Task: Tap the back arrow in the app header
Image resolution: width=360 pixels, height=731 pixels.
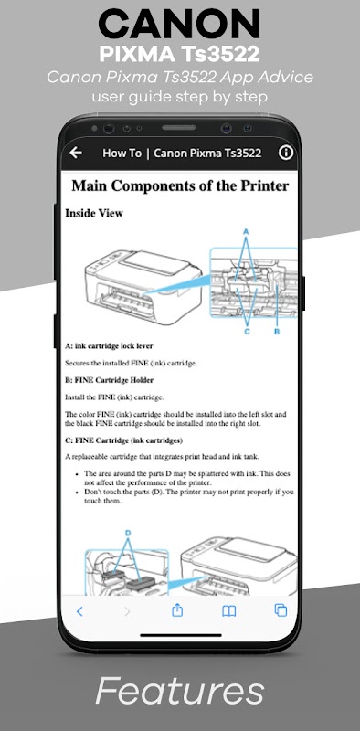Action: pyautogui.click(x=76, y=153)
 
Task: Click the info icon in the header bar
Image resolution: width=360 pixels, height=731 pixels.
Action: pyautogui.click(x=285, y=153)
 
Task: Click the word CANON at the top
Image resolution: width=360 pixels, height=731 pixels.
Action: pyautogui.click(x=179, y=25)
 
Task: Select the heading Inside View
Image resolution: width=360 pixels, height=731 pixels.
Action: pyautogui.click(x=94, y=213)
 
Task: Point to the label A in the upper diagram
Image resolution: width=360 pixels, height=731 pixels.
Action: pyautogui.click(x=246, y=231)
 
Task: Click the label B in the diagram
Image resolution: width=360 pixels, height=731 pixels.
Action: pyautogui.click(x=277, y=332)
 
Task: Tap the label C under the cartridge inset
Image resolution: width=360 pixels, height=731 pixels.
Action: pyautogui.click(x=247, y=332)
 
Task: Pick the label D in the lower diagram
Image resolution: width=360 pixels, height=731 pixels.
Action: pyautogui.click(x=128, y=533)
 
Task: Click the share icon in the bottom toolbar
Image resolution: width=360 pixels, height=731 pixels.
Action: pyautogui.click(x=177, y=610)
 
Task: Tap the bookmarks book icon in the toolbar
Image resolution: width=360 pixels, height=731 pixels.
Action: pyautogui.click(x=229, y=611)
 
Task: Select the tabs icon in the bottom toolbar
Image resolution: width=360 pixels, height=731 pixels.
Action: pyautogui.click(x=281, y=610)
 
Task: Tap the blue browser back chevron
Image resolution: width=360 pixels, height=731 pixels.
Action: pyautogui.click(x=79, y=611)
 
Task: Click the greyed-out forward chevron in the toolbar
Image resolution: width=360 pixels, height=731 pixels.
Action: pyautogui.click(x=127, y=611)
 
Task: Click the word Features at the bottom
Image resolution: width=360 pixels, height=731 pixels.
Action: pyautogui.click(x=179, y=691)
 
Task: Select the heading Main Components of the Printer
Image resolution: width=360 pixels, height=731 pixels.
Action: pyautogui.click(x=180, y=185)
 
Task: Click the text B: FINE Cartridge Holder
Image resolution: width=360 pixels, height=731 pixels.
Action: pyautogui.click(x=109, y=380)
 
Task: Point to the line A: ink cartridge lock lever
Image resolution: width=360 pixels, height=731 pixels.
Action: pyautogui.click(x=109, y=346)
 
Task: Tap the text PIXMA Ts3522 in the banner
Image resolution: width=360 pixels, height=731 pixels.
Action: pyautogui.click(x=179, y=54)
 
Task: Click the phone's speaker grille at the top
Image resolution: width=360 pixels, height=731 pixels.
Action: pyautogui.click(x=179, y=127)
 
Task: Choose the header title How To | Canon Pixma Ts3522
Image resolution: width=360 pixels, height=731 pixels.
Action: pyautogui.click(x=182, y=153)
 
